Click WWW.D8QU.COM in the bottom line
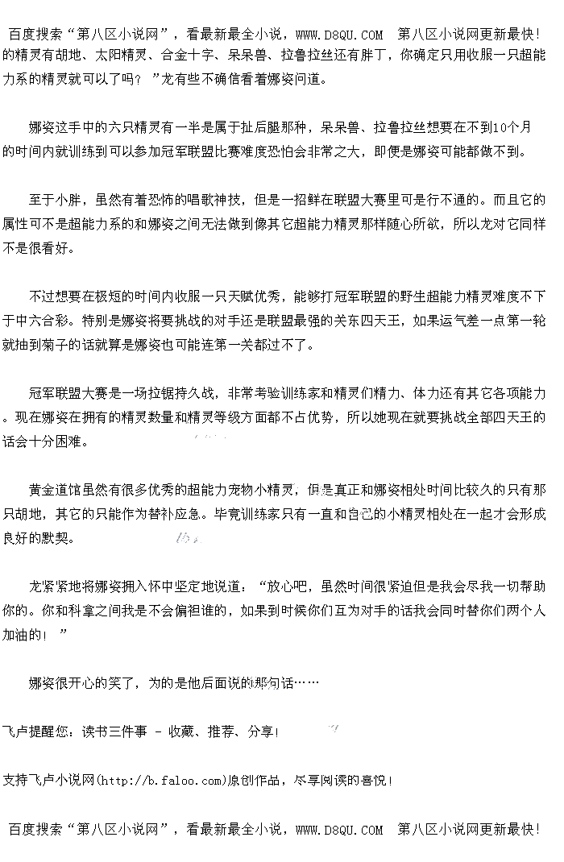coord(339,829)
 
